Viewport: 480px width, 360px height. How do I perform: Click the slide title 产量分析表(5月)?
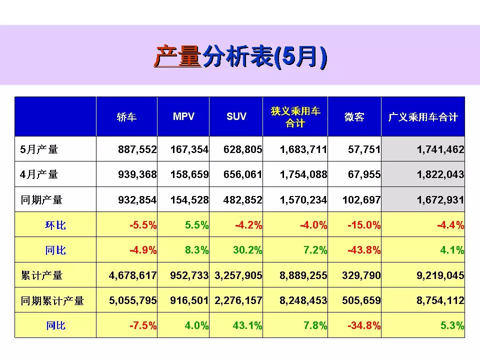coord(240,56)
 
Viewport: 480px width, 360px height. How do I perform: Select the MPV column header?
coord(183,116)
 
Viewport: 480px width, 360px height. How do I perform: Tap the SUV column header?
coord(236,116)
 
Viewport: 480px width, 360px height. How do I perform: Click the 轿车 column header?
coord(126,117)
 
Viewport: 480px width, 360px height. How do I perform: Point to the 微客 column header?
coord(354,117)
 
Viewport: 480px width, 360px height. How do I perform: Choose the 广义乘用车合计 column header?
coord(423,117)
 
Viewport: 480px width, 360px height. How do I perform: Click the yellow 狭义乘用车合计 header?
coord(295,116)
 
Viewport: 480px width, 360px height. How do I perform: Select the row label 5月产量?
coord(39,149)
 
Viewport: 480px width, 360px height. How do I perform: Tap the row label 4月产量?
coord(39,174)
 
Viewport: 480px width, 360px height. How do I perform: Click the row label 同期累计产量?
coord(52,301)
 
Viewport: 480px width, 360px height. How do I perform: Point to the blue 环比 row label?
coord(55,225)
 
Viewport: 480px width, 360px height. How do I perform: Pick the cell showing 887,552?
coord(137,149)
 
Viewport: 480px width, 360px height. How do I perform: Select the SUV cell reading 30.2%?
coord(247,250)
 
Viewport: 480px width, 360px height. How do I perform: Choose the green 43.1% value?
coord(247,326)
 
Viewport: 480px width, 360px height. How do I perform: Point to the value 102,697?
coord(361,200)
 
